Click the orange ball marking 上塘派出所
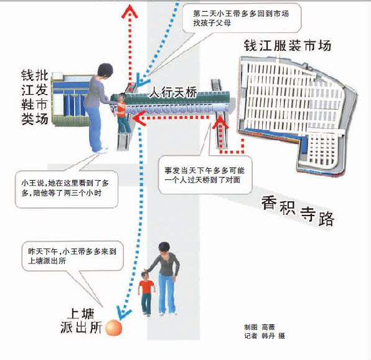pyautogui.click(x=113, y=328)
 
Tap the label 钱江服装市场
pyautogui.click(x=288, y=45)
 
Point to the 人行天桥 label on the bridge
pyautogui.click(x=173, y=92)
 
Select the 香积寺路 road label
pyautogui.click(x=298, y=211)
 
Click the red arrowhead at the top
pyautogui.click(x=129, y=11)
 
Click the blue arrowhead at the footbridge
pyautogui.click(x=141, y=80)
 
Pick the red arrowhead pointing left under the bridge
pyautogui.click(x=139, y=118)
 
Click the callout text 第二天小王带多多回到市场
pyautogui.click(x=241, y=14)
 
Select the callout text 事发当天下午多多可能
pyautogui.click(x=204, y=171)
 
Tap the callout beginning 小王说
pyautogui.click(x=65, y=188)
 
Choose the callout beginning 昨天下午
pyautogui.click(x=72, y=256)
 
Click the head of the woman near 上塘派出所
pyautogui.click(x=164, y=248)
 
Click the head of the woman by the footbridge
pyautogui.click(x=105, y=70)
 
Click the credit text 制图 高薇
pyautogui.click(x=260, y=328)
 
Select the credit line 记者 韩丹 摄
pyautogui.click(x=265, y=336)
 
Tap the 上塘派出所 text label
pyautogui.click(x=81, y=321)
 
